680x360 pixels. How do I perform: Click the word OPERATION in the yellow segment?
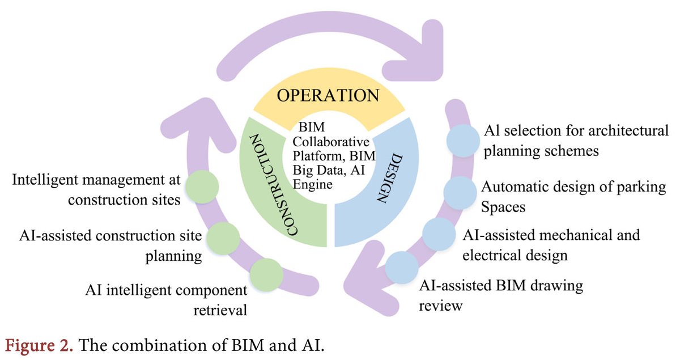328,94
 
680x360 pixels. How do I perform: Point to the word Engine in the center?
310,184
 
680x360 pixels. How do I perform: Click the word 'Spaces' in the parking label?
503,207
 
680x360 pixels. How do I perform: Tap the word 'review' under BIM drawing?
441,306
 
